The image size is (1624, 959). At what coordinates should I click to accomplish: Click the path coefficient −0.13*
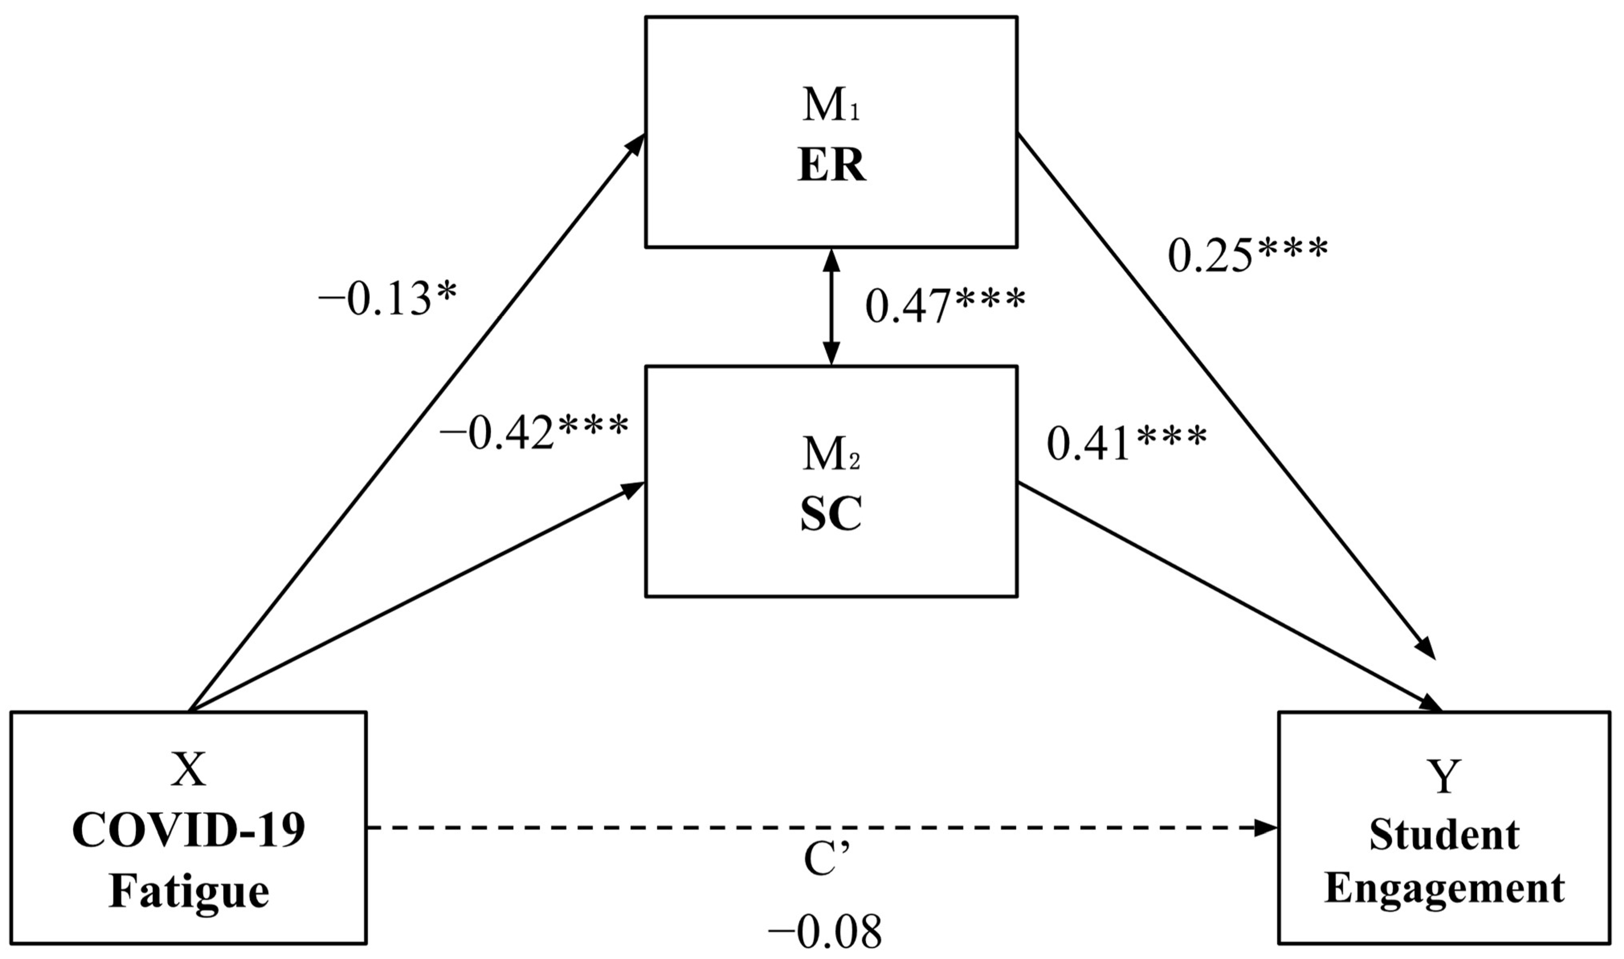point(387,300)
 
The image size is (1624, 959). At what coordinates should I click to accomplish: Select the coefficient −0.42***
point(534,433)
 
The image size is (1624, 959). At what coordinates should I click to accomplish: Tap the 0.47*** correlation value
point(945,306)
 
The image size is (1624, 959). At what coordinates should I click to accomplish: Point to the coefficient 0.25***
point(1248,256)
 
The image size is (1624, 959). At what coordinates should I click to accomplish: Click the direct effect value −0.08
point(824,932)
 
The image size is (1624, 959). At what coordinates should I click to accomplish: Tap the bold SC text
point(831,515)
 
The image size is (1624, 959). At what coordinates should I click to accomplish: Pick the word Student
point(1444,835)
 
